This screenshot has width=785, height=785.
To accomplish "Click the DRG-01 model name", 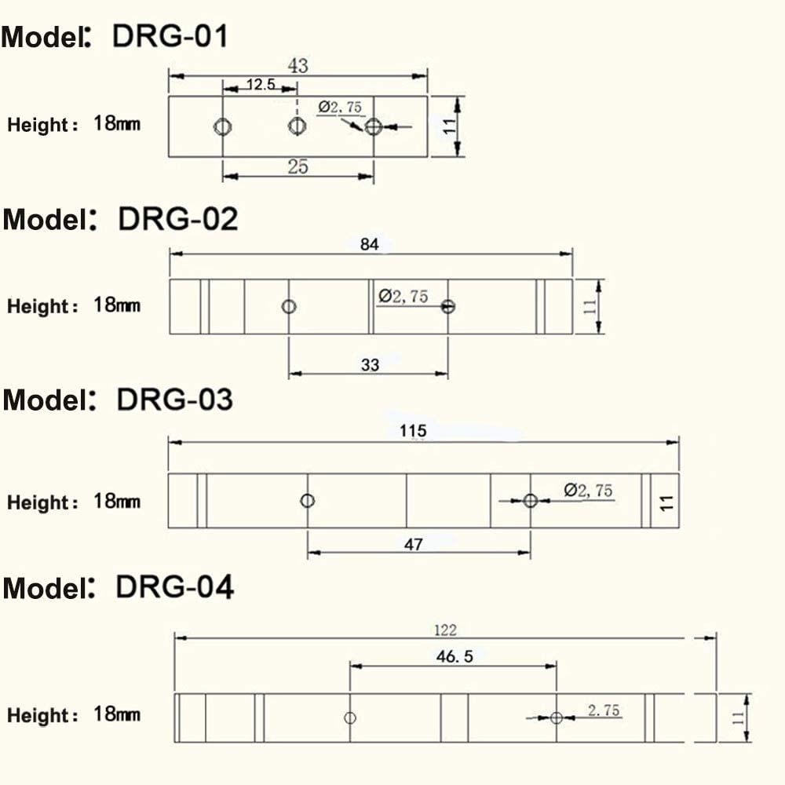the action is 170,37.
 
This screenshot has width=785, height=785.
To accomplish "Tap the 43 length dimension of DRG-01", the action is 298,66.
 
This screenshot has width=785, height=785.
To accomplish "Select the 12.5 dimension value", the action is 261,84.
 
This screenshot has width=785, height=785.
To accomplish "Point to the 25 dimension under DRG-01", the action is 298,166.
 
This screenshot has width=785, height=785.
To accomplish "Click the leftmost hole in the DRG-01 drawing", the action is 222,126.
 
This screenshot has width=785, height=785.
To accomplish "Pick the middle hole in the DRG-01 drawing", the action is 297,126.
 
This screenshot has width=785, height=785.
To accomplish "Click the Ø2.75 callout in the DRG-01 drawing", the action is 340,107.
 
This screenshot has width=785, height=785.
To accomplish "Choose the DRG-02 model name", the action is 177,219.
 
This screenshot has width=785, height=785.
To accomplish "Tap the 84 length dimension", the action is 370,244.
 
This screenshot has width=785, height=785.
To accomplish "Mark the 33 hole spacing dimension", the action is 370,365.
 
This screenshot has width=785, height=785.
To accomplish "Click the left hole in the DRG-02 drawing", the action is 289,306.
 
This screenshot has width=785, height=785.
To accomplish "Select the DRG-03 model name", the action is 175,400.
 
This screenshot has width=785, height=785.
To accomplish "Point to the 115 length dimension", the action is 413,431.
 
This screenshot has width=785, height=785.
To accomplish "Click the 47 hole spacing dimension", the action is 414,544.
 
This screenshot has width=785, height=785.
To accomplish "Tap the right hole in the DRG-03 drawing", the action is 531,500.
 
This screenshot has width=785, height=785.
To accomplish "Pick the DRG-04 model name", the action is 175,586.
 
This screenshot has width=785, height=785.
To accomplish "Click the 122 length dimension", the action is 445,630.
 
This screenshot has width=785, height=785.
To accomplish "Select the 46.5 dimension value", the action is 455,656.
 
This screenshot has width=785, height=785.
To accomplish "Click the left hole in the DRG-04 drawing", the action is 350,718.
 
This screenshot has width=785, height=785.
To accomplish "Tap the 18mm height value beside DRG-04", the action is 117,714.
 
